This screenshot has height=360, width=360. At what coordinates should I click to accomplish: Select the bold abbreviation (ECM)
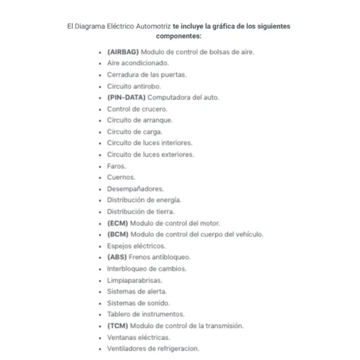click(x=118, y=223)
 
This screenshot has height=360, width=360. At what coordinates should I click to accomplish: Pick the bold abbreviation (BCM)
click(x=118, y=234)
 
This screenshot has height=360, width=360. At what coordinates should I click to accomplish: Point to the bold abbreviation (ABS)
click(x=117, y=257)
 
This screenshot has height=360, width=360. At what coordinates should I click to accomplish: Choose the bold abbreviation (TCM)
click(x=118, y=326)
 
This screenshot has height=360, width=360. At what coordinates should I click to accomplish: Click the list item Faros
click(x=116, y=166)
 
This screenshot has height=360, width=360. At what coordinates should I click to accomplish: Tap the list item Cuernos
click(x=121, y=177)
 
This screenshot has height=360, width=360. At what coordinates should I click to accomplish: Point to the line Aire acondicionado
click(x=137, y=63)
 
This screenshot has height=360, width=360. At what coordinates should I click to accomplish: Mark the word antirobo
click(x=148, y=86)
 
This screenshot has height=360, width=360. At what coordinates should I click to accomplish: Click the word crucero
click(x=155, y=109)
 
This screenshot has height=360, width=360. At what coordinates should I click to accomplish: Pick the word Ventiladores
click(x=127, y=349)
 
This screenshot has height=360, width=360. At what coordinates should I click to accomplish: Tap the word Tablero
click(x=120, y=314)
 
